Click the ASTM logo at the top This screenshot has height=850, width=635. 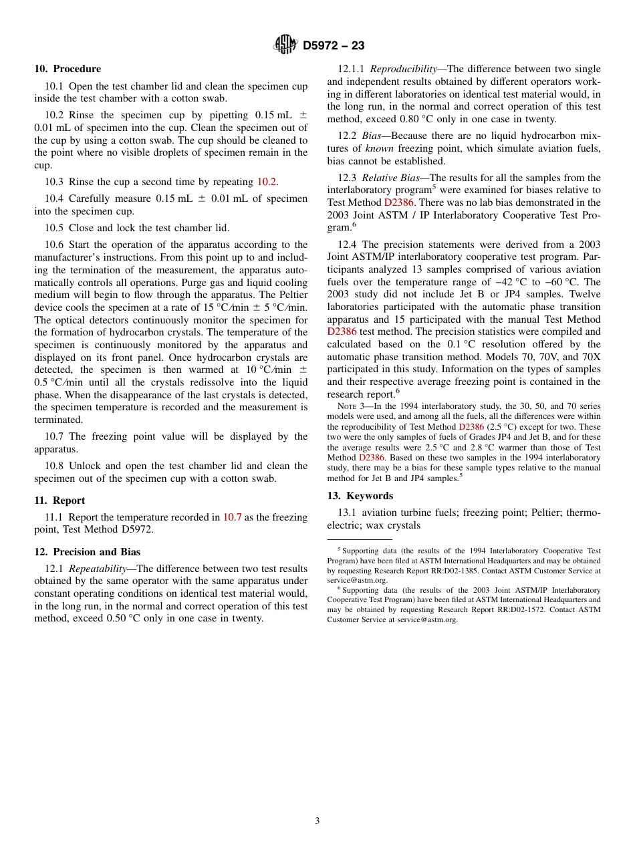(x=285, y=45)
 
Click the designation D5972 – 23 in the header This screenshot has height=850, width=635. (x=334, y=45)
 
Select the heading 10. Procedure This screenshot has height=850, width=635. (x=68, y=69)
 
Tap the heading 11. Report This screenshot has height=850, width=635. (x=59, y=501)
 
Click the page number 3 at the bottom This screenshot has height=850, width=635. (x=317, y=821)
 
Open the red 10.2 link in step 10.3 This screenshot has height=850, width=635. (x=267, y=182)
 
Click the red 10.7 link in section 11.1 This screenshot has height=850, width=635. (x=232, y=517)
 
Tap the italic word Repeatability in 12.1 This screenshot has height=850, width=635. (x=94, y=569)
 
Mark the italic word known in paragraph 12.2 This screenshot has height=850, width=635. (x=379, y=148)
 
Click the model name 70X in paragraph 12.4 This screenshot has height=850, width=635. (x=591, y=357)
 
